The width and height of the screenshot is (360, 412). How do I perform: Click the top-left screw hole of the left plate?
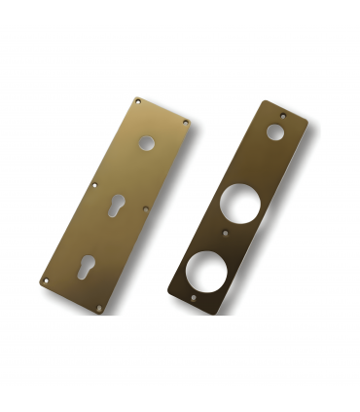(138, 100)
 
